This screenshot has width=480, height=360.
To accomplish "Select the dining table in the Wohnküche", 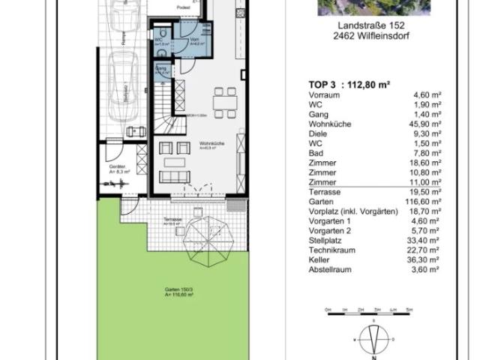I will click(x=221, y=101).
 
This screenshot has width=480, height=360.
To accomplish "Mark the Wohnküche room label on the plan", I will click(x=208, y=143).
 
